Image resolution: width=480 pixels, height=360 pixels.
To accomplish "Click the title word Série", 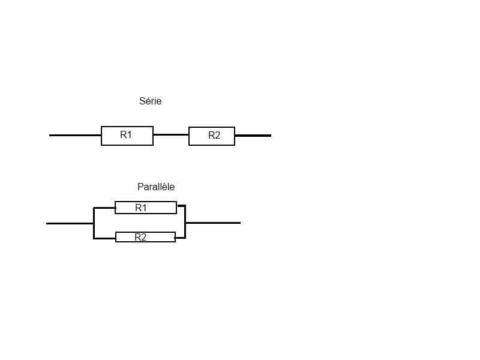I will click(150, 101).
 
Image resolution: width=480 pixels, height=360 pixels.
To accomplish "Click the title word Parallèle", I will click(156, 187).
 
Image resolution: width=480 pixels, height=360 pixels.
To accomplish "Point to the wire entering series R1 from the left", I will click(75, 136).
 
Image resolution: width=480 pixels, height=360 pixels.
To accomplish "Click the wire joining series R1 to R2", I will click(171, 135).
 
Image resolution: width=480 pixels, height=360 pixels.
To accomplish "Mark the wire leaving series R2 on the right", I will click(253, 136).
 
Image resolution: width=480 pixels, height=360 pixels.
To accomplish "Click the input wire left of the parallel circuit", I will click(70, 223).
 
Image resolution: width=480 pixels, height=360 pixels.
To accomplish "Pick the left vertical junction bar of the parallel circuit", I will click(94, 223).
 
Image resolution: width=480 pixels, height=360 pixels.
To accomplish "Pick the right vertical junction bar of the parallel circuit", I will click(185, 222).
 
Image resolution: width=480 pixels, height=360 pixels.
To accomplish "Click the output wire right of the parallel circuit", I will click(213, 223).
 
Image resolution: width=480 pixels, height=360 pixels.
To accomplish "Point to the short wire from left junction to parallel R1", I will click(104, 208).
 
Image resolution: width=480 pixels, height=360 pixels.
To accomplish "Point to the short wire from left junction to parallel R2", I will click(104, 238).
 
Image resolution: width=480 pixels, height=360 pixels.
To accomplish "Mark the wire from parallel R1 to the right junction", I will click(181, 206).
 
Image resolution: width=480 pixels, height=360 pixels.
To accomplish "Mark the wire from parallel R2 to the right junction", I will click(180, 238).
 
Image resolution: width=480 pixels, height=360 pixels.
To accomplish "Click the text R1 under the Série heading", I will click(126, 135).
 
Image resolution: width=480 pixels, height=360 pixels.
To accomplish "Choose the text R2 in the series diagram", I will click(214, 136).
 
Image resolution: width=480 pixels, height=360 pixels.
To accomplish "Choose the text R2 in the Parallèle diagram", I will click(140, 237).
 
